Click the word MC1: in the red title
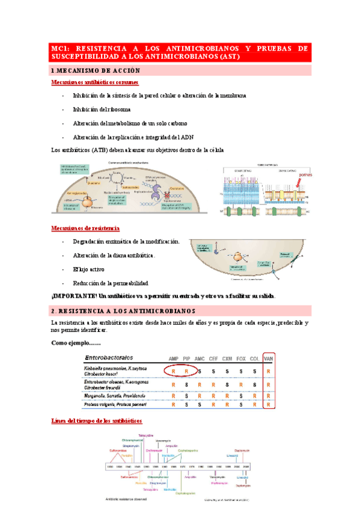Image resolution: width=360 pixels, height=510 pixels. [x=60, y=48]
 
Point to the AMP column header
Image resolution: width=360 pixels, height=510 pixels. [x=174, y=358]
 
